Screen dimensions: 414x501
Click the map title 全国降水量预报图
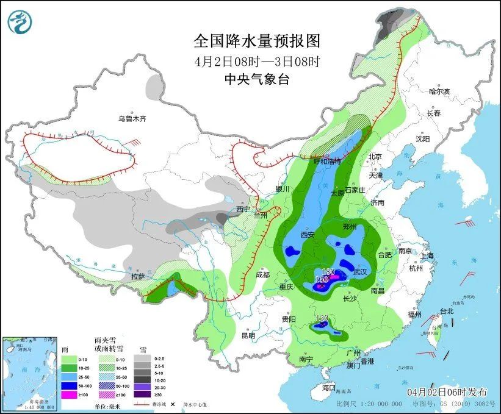coord(256,41)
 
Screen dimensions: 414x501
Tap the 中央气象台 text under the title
coord(256,79)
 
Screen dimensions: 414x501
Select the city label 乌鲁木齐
coord(132,118)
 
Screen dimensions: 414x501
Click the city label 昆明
coord(248,335)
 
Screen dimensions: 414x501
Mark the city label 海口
coord(329,387)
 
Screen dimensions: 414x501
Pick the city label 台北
coord(446,311)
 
